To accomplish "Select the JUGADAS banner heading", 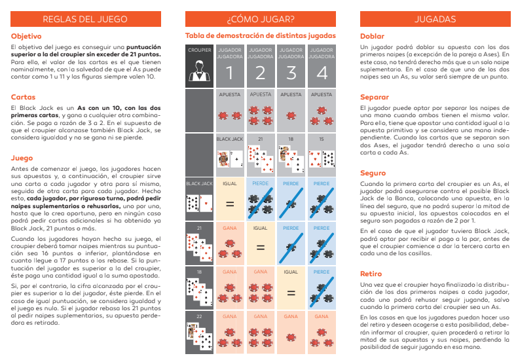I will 432,18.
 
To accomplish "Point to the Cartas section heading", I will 23,97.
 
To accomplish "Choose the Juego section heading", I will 22,158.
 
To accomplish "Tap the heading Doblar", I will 372,36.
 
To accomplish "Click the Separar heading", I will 375,97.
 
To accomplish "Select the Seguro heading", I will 373,173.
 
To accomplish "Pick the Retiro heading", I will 371,272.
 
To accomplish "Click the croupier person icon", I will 199,69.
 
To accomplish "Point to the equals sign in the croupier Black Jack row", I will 230,204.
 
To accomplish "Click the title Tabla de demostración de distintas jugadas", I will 261,35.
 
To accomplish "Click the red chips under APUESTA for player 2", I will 261,116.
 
